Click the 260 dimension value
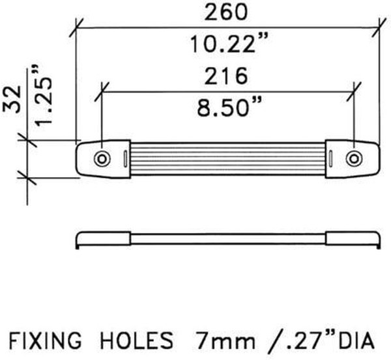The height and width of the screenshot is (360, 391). click(x=227, y=12)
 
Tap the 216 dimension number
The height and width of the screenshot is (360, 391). click(x=227, y=76)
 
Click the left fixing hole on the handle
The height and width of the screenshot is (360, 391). click(x=101, y=159)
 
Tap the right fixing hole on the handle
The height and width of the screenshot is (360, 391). click(x=354, y=159)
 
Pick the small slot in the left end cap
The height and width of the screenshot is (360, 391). click(x=124, y=159)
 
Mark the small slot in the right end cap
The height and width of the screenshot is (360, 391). click(x=331, y=159)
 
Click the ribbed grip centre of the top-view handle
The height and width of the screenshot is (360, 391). click(x=227, y=159)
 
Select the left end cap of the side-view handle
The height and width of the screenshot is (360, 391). click(x=104, y=238)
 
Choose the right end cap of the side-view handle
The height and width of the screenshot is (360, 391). click(x=352, y=238)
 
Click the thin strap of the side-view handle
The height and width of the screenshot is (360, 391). click(x=227, y=239)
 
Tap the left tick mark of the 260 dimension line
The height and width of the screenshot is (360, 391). click(x=77, y=28)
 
